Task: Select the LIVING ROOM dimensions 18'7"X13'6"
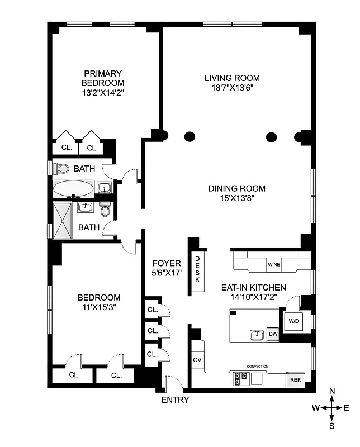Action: pos(231,88)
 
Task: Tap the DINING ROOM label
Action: pos(236,188)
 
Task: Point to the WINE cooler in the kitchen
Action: pos(274,264)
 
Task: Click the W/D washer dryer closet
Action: pos(293,322)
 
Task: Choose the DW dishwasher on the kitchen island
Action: pos(273,334)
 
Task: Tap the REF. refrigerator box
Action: pos(295,380)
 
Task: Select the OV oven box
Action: pos(197,360)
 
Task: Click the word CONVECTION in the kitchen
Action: pos(257,367)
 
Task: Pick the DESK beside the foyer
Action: pos(197,269)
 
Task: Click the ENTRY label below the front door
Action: pos(175,400)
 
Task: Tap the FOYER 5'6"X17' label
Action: pos(167,268)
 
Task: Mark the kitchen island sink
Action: pos(257,335)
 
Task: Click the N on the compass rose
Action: pos(332,391)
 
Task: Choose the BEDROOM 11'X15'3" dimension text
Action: pos(99,307)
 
